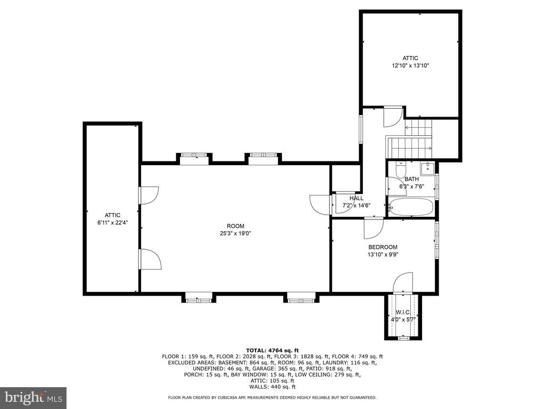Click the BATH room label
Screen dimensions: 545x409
[411, 179]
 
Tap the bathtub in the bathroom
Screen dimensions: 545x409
[411, 207]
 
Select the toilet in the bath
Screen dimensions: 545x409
[401, 169]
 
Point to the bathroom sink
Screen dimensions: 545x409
[427, 168]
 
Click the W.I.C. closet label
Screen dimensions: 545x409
[403, 312]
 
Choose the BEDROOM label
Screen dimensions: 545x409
[383, 247]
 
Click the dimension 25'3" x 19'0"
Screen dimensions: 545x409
[235, 233]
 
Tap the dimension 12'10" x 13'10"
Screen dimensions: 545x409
[410, 66]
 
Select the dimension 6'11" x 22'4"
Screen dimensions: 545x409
[113, 223]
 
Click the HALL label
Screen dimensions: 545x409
[356, 198]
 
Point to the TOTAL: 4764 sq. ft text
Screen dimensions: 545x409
[272, 350]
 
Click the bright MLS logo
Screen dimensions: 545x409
[34, 396]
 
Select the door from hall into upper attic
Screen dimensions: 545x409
[393, 117]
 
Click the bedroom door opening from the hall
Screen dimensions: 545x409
[374, 228]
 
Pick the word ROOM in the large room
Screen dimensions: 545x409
[235, 226]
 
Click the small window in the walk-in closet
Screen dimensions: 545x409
[403, 338]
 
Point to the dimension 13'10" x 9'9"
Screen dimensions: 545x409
[383, 254]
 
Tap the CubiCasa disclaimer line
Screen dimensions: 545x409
[272, 397]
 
